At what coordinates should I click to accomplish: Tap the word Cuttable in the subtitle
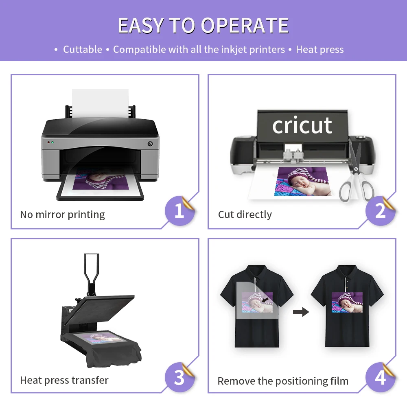click(x=83, y=50)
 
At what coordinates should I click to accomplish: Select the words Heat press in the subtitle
click(x=319, y=50)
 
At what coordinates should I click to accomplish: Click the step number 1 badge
click(x=179, y=210)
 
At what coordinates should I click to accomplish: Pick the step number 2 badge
click(x=380, y=210)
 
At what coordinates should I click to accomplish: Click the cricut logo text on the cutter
click(x=302, y=125)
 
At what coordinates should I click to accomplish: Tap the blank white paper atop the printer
click(x=100, y=102)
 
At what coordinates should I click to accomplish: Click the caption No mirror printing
click(x=63, y=214)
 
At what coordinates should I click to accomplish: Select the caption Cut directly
click(x=245, y=214)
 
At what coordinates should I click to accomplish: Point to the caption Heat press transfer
click(x=64, y=380)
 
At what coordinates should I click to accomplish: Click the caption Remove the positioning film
click(x=283, y=381)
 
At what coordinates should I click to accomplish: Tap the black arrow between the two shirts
click(x=301, y=312)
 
